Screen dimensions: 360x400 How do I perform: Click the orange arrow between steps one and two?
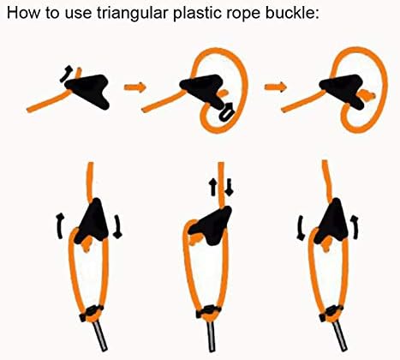[x=134, y=87]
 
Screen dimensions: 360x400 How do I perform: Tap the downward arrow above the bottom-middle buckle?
[x=229, y=185]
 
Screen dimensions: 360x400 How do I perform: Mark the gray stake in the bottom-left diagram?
[x=102, y=339]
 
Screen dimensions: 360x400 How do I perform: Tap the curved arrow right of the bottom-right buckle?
[x=355, y=226]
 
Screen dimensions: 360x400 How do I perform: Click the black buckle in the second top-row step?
[x=199, y=86]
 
